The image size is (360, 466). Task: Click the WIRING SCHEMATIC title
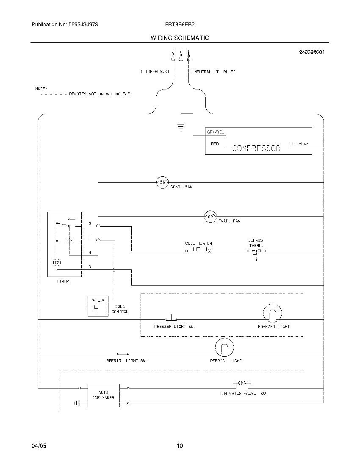tap(180, 38)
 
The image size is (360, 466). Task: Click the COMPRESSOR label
tap(256, 149)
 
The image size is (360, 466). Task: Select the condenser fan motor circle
tap(163, 182)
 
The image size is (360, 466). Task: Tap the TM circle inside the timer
tap(57, 263)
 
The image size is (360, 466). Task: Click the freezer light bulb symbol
tap(271, 313)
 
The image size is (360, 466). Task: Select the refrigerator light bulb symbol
tap(224, 347)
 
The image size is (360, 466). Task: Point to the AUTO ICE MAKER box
tap(103, 395)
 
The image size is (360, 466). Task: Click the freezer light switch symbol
tap(171, 319)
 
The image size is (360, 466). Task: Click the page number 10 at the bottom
tap(180, 446)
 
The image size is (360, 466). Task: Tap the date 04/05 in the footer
tap(38, 446)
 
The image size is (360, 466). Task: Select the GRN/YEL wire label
tap(215, 132)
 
